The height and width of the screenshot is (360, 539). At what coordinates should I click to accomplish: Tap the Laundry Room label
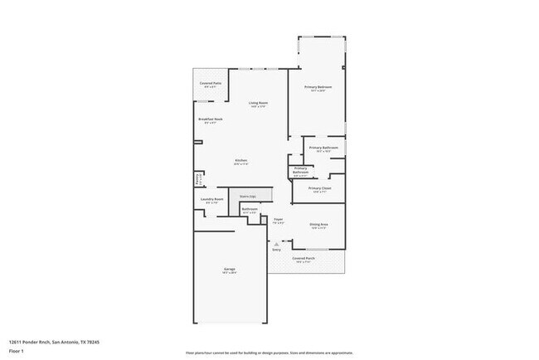tap(211, 200)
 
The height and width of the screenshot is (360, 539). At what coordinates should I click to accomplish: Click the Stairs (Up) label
tap(247, 196)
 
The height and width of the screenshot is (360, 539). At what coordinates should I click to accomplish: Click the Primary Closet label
tap(319, 189)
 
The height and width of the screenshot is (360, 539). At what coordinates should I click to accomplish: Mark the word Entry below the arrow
tap(276, 249)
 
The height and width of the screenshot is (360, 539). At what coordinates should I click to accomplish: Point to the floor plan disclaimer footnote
tap(269, 352)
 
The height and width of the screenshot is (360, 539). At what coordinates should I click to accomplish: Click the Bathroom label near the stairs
tap(250, 211)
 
